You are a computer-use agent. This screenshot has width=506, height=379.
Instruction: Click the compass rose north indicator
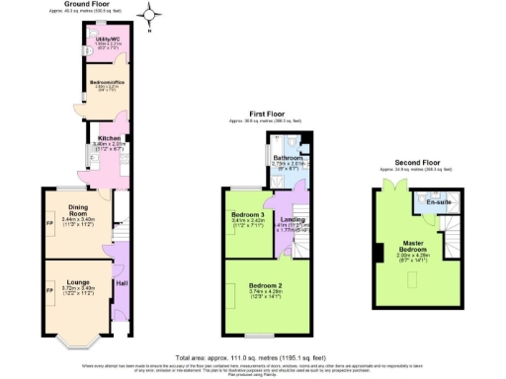151,14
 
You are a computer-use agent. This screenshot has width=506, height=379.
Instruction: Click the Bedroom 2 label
269,285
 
